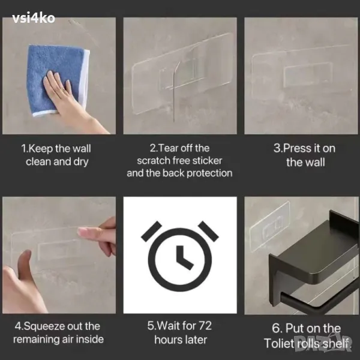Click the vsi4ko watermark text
(x=34, y=18)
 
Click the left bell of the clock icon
(x=152, y=232)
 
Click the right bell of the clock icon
(x=208, y=232)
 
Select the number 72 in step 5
(x=205, y=326)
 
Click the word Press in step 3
(x=296, y=148)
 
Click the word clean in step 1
(x=38, y=161)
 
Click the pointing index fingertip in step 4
(x=81, y=232)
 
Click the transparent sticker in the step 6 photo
(x=270, y=226)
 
